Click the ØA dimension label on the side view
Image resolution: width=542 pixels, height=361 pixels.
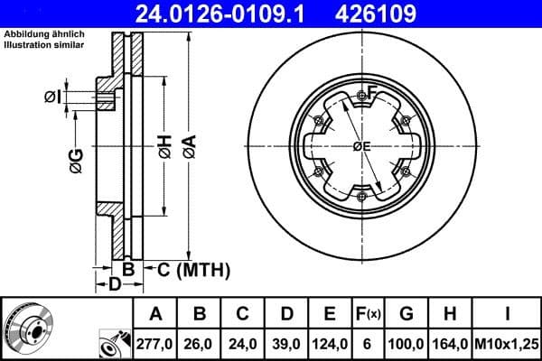click(188, 146)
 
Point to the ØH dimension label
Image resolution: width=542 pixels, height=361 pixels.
click(164, 146)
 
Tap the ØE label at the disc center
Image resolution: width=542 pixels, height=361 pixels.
click(360, 146)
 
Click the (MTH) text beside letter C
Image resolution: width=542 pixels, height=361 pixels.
click(203, 269)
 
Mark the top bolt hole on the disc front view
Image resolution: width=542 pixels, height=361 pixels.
click(362, 94)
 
